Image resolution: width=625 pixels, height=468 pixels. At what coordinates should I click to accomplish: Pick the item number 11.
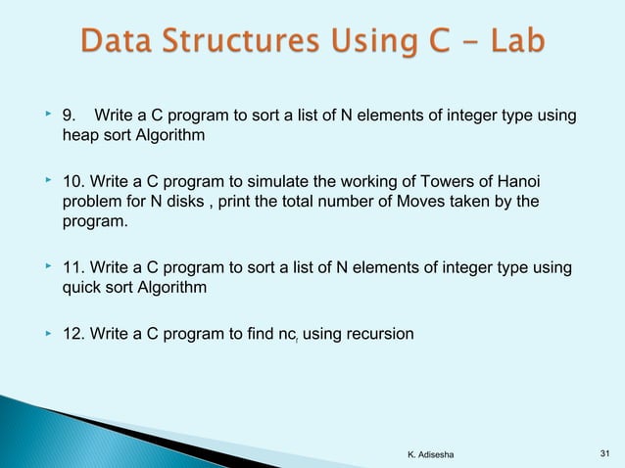pos(73,268)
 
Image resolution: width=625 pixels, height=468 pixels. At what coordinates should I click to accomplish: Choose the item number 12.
pos(73,335)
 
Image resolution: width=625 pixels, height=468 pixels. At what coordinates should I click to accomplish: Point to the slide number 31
pos(603,453)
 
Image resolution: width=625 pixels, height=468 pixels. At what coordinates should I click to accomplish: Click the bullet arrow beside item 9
pos(46,117)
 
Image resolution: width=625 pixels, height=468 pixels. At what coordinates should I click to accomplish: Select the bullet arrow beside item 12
pos(46,334)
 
